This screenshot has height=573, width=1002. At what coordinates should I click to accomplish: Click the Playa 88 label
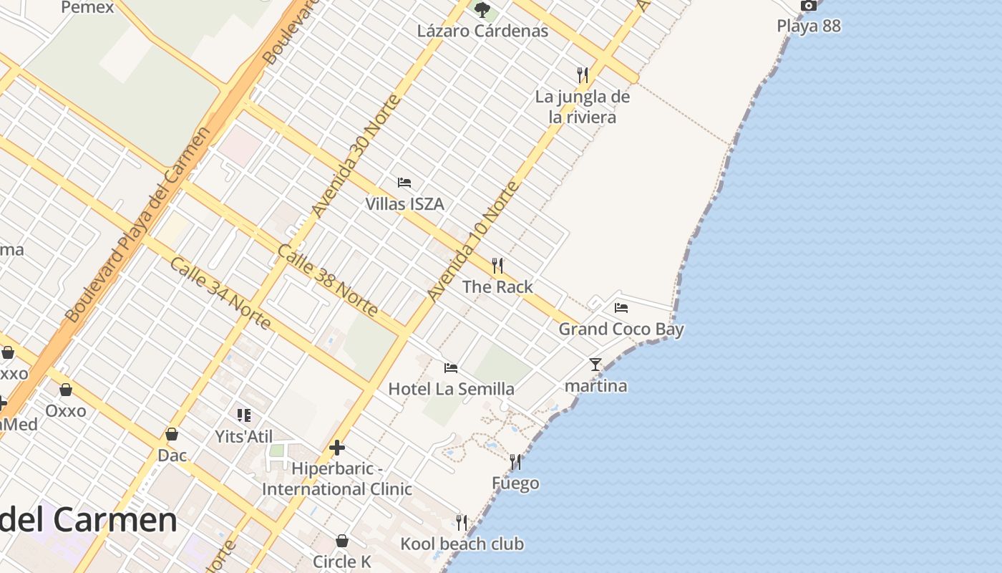(x=809, y=27)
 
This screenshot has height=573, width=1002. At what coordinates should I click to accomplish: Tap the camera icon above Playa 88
(x=809, y=6)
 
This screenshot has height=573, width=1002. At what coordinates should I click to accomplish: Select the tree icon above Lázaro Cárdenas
(x=482, y=10)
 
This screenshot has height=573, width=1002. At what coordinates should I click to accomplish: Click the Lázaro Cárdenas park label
(x=483, y=31)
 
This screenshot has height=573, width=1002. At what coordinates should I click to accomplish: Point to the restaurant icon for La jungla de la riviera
(x=583, y=74)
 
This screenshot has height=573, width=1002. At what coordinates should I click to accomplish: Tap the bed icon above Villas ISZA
(x=404, y=183)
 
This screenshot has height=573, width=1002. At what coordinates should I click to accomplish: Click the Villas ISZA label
(x=404, y=204)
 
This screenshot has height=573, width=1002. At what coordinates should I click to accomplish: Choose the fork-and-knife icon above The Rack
(x=497, y=266)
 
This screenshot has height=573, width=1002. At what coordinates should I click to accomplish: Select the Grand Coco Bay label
(x=621, y=329)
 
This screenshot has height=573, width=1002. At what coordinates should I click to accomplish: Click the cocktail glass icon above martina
(x=595, y=365)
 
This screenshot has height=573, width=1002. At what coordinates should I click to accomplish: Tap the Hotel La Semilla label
(x=451, y=389)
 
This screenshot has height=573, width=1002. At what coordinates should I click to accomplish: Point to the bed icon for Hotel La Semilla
(x=451, y=368)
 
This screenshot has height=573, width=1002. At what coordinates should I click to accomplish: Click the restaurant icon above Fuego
(x=515, y=462)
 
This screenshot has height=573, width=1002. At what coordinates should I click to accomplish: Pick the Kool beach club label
(x=462, y=544)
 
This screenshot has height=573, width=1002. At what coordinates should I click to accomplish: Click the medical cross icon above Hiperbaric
(x=337, y=448)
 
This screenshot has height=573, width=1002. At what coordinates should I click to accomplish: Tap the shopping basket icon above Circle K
(x=342, y=541)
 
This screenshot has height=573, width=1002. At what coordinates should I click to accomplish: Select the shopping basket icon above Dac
(x=172, y=434)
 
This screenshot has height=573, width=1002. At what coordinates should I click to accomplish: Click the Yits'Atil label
(x=244, y=436)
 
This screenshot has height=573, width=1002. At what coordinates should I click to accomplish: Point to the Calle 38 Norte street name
(x=327, y=280)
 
